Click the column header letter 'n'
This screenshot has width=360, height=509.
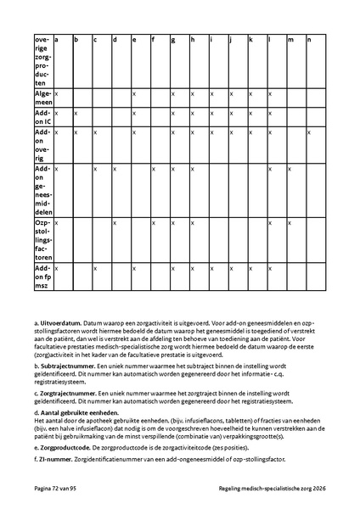[x=309, y=40]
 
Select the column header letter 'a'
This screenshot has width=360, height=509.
[x=57, y=40]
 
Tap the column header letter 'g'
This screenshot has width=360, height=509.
[x=173, y=40]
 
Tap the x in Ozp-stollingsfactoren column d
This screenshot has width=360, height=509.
[x=115, y=223]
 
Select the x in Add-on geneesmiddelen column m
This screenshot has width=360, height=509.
[x=290, y=169]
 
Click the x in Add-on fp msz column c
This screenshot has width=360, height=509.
[x=95, y=268]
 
